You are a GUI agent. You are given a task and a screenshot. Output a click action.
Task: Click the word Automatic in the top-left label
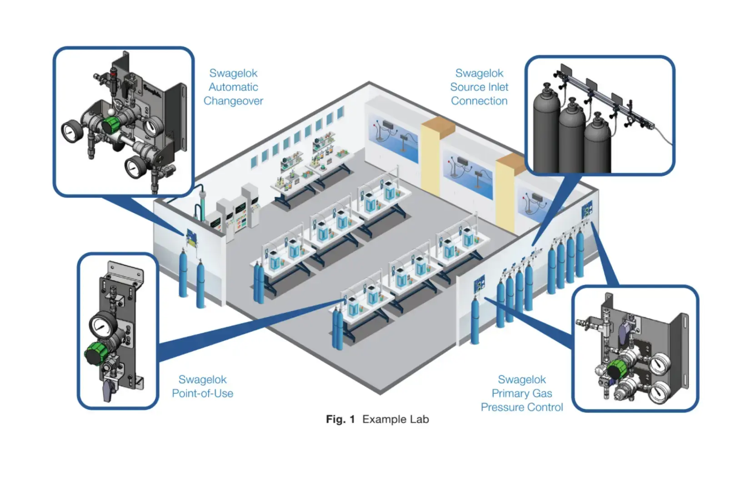click(x=233, y=87)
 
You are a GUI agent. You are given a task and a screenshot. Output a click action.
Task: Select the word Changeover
click(x=233, y=101)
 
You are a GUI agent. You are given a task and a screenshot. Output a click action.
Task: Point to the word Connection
click(x=479, y=101)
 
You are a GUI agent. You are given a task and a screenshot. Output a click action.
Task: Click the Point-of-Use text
click(x=203, y=393)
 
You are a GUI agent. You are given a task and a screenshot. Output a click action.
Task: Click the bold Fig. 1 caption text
click(x=340, y=419)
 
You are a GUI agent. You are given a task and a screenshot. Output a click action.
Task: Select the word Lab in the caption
click(x=419, y=419)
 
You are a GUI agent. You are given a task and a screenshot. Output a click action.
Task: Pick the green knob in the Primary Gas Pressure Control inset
click(x=617, y=369)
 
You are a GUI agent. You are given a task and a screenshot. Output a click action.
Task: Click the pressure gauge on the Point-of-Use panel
click(x=100, y=325)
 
